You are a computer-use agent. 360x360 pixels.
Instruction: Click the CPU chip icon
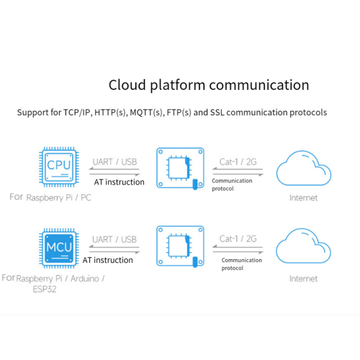pyautogui.click(x=59, y=167)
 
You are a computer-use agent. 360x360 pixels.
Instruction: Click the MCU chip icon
pyautogui.click(x=59, y=248)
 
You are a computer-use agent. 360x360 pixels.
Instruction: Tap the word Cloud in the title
pyautogui.click(x=127, y=85)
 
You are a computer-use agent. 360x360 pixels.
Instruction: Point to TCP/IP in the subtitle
pyautogui.click(x=76, y=112)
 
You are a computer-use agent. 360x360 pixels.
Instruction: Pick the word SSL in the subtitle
pyautogui.click(x=217, y=112)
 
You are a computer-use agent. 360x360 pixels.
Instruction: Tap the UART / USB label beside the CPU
pyautogui.click(x=114, y=162)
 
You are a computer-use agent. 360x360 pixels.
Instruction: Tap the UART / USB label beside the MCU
pyautogui.click(x=114, y=240)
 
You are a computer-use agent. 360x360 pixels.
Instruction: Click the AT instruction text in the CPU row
pyautogui.click(x=120, y=182)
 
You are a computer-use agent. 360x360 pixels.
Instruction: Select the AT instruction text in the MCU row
pyautogui.click(x=108, y=260)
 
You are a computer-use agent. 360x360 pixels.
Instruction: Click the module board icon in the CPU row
pyautogui.click(x=180, y=168)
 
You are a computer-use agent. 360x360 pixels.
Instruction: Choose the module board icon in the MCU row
pyautogui.click(x=180, y=246)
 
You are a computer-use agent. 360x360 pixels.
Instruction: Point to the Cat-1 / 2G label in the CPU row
pyautogui.click(x=238, y=162)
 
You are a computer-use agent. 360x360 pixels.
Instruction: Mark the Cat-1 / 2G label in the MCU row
pyautogui.click(x=238, y=239)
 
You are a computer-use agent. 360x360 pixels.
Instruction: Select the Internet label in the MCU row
pyautogui.click(x=303, y=279)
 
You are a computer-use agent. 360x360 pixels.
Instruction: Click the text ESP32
pyautogui.click(x=45, y=289)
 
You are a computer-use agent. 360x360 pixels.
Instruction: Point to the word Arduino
pyautogui.click(x=85, y=279)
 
